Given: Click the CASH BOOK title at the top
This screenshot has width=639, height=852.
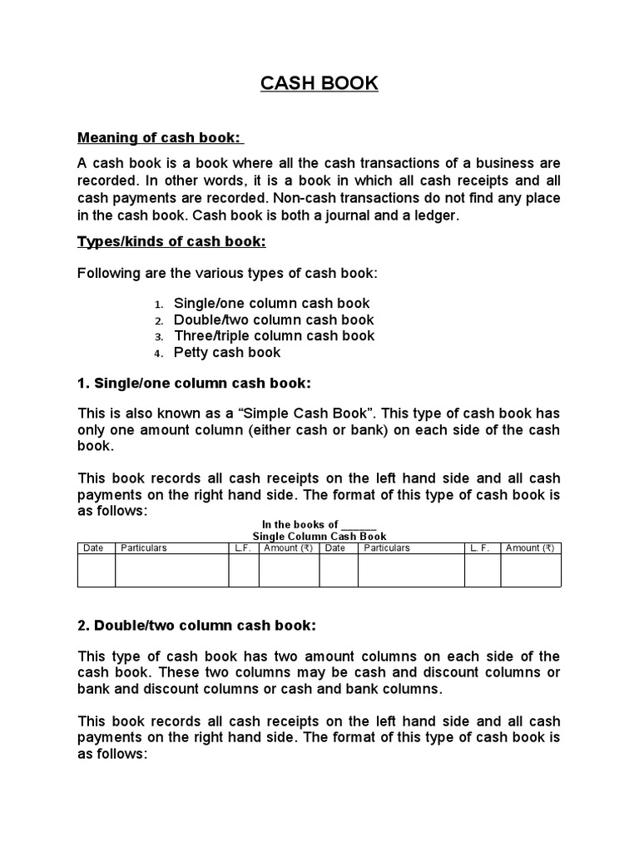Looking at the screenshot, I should (319, 83).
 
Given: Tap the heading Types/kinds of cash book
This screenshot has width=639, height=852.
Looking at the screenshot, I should (171, 241).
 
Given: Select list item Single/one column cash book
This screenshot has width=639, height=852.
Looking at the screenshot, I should (272, 304).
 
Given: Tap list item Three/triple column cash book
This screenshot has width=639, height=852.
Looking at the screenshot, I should (275, 336).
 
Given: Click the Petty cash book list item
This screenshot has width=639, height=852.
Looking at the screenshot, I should (227, 353).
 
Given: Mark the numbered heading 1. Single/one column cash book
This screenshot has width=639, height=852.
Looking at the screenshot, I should (194, 384).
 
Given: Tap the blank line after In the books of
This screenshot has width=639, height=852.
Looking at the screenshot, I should (359, 524).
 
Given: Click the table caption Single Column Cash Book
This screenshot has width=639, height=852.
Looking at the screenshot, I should (319, 537).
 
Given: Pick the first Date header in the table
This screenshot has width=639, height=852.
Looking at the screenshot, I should (93, 548).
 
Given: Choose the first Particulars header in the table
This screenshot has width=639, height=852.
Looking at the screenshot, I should (144, 548).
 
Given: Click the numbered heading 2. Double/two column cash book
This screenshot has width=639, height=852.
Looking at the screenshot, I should (196, 625).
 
